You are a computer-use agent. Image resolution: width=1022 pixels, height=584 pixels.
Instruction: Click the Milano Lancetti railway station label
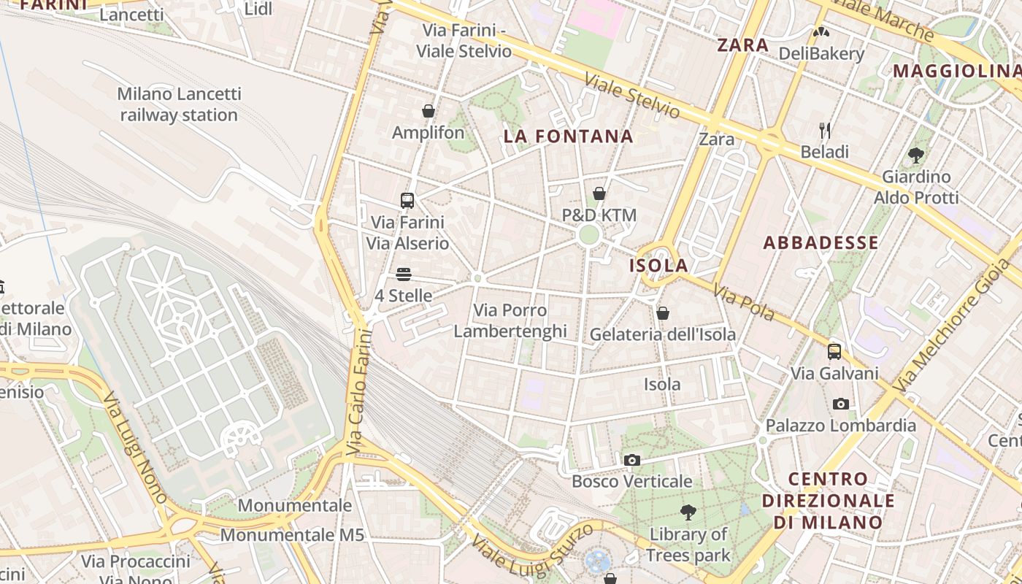tap(179, 104)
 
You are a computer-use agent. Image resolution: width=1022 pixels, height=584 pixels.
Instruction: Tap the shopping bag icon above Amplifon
tap(429, 111)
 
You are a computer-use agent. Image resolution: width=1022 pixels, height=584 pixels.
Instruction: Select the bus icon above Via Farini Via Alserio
tap(407, 200)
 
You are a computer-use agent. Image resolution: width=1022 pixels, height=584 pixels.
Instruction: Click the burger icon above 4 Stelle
tap(404, 274)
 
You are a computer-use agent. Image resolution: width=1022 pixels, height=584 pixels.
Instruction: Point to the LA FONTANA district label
tap(568, 137)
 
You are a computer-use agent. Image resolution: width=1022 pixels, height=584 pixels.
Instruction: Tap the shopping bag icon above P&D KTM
tap(599, 193)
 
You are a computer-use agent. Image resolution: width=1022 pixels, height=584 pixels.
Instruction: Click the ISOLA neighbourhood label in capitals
tap(658, 265)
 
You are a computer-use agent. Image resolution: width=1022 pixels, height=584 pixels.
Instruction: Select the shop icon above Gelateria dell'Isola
tap(663, 313)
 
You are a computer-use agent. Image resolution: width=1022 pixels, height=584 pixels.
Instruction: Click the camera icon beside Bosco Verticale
tap(632, 460)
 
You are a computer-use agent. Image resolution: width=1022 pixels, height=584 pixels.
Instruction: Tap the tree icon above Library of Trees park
tap(688, 512)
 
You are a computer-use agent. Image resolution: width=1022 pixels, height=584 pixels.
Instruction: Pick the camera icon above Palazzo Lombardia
tap(841, 404)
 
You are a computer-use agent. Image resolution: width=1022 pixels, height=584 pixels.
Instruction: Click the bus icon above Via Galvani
tap(834, 351)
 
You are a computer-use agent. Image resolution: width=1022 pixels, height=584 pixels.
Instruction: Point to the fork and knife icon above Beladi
tap(825, 131)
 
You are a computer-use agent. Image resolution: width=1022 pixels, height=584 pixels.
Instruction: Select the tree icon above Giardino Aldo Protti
tap(916, 155)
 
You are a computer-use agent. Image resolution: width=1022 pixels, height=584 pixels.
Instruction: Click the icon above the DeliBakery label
tap(821, 32)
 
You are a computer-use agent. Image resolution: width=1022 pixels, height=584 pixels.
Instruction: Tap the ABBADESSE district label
tap(821, 243)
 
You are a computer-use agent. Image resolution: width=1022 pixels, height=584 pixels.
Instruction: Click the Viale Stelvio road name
tap(632, 96)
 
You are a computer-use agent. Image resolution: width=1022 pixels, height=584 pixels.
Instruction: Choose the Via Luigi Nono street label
tap(135, 448)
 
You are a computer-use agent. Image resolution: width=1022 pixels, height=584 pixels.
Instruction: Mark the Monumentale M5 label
tap(292, 534)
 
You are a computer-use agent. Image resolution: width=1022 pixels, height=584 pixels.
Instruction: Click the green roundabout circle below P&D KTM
tap(588, 235)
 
